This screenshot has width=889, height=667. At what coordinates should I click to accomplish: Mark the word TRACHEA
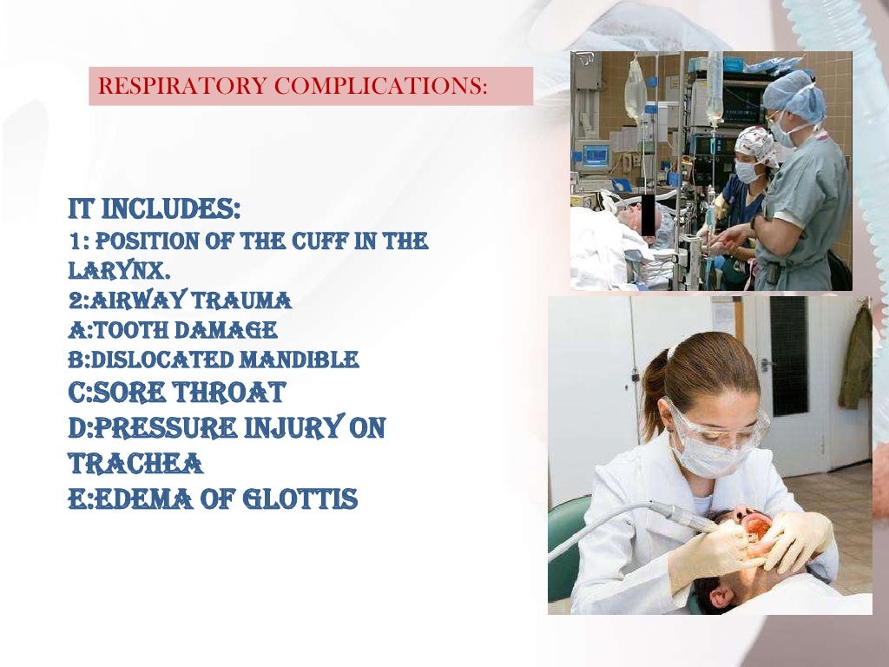[135, 465]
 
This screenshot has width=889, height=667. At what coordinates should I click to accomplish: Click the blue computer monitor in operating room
[596, 156]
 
